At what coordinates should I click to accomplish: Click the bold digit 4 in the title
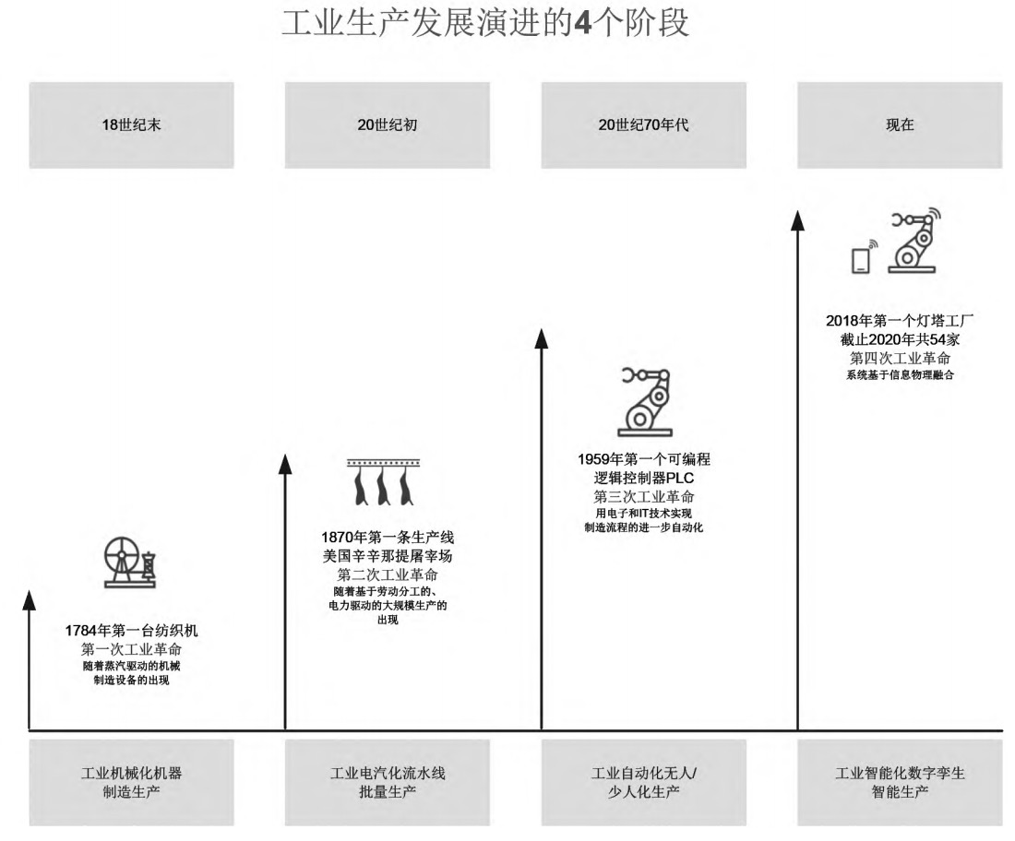pyautogui.click(x=582, y=23)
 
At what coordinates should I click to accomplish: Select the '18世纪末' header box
pyautogui.click(x=131, y=124)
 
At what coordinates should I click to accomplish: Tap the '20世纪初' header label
pyautogui.click(x=388, y=124)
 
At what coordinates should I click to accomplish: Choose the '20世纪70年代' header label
pyautogui.click(x=643, y=124)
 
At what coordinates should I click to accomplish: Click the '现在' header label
pyautogui.click(x=900, y=124)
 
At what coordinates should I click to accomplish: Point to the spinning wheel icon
pyautogui.click(x=130, y=562)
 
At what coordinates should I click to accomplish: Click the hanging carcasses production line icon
pyautogui.click(x=384, y=482)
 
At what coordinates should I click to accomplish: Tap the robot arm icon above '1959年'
pyautogui.click(x=645, y=402)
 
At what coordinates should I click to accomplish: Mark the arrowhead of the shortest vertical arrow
pyautogui.click(x=30, y=599)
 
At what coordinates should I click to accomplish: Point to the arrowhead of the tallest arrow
pyautogui.click(x=797, y=220)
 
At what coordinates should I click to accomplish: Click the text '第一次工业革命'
pyautogui.click(x=131, y=649)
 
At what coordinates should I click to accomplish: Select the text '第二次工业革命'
pyautogui.click(x=388, y=574)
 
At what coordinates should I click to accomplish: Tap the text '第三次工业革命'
pyautogui.click(x=643, y=497)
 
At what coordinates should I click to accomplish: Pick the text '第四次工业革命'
pyautogui.click(x=900, y=358)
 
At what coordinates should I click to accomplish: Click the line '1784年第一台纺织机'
pyautogui.click(x=131, y=631)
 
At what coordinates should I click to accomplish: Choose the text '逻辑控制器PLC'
pyautogui.click(x=643, y=478)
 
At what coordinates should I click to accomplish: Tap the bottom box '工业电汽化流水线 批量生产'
pyautogui.click(x=388, y=782)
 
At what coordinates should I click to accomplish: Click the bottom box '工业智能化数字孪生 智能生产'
pyautogui.click(x=900, y=782)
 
